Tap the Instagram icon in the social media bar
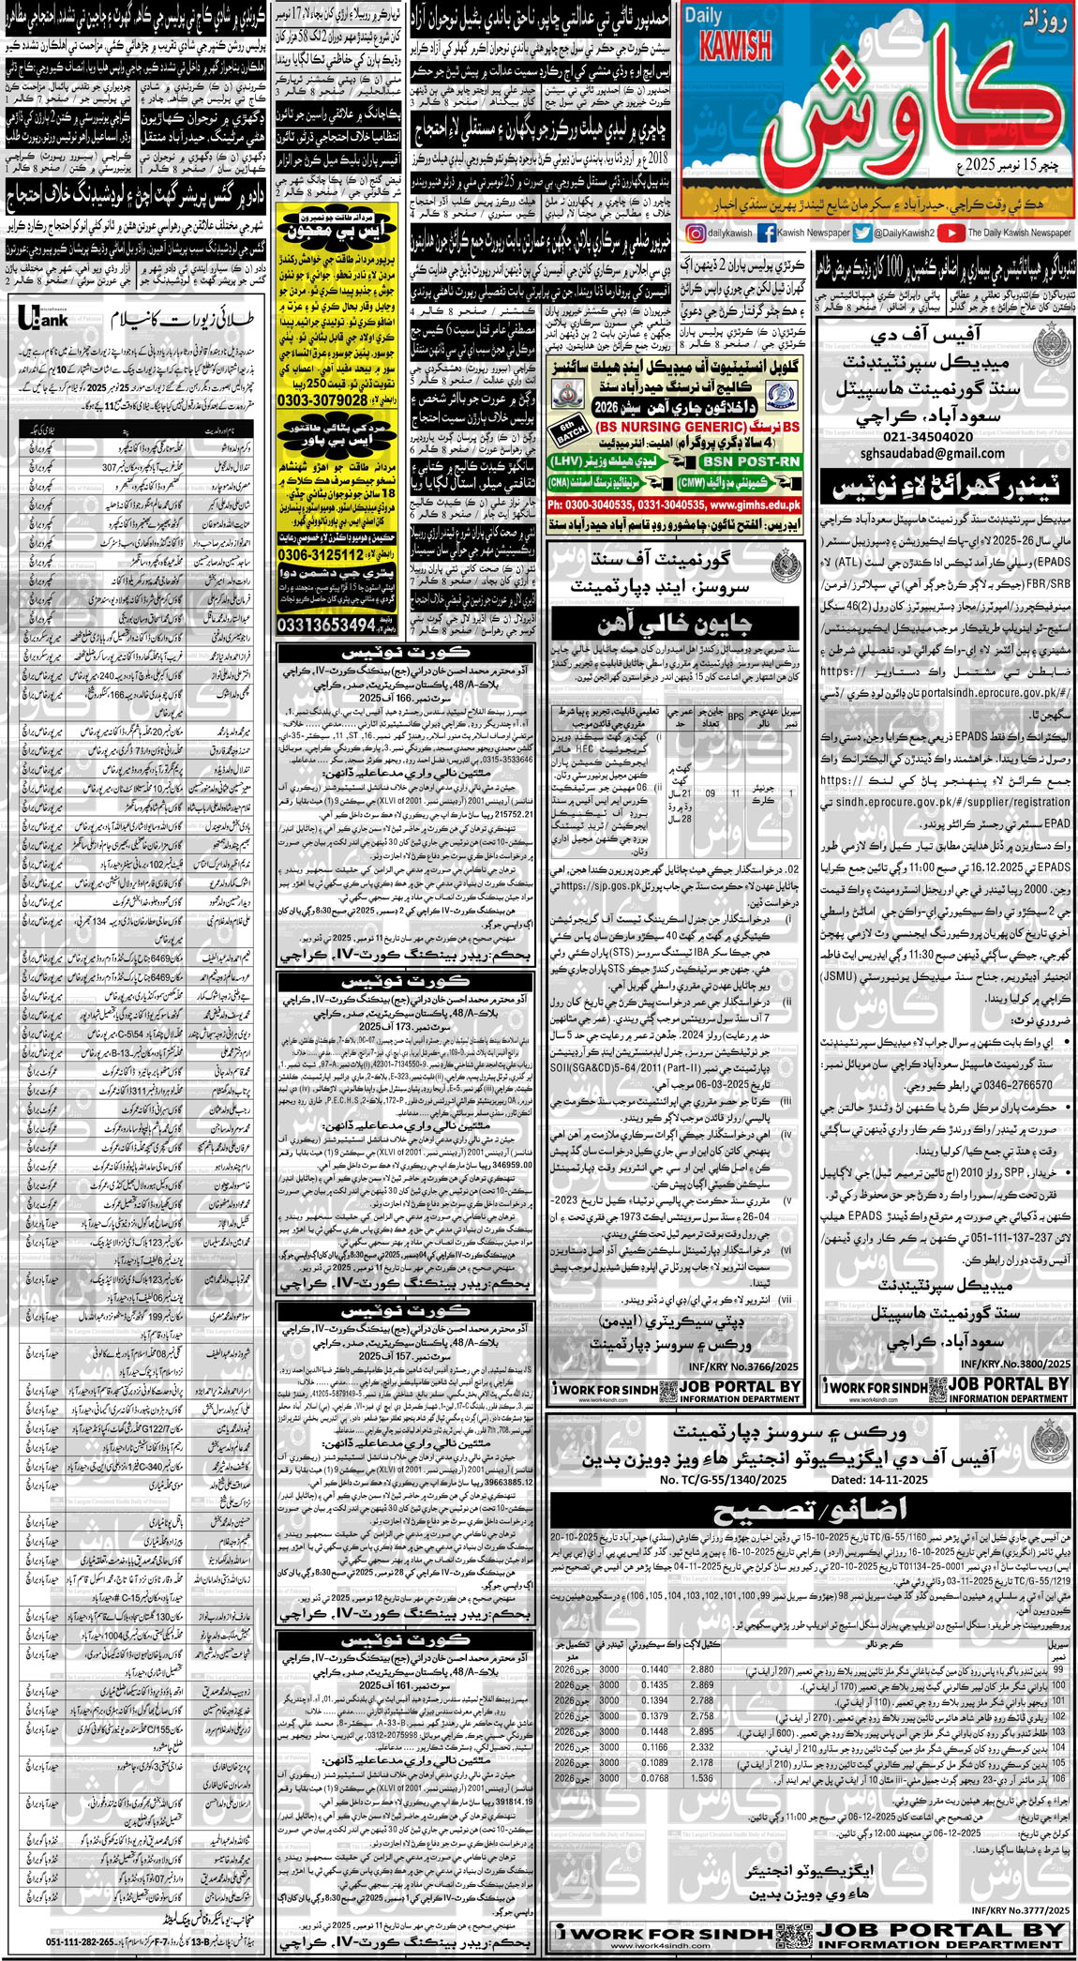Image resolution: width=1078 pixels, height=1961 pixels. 696,233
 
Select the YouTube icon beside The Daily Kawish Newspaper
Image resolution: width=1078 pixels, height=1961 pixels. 951,233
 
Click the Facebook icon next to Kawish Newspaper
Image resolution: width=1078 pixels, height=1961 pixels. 766,233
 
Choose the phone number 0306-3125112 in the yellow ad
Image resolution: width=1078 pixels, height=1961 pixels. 321,555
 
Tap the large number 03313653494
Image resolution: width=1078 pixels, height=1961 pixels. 327,625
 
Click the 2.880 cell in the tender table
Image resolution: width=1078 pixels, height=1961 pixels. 702,1670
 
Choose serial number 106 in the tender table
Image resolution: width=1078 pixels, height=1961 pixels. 1058,1778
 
